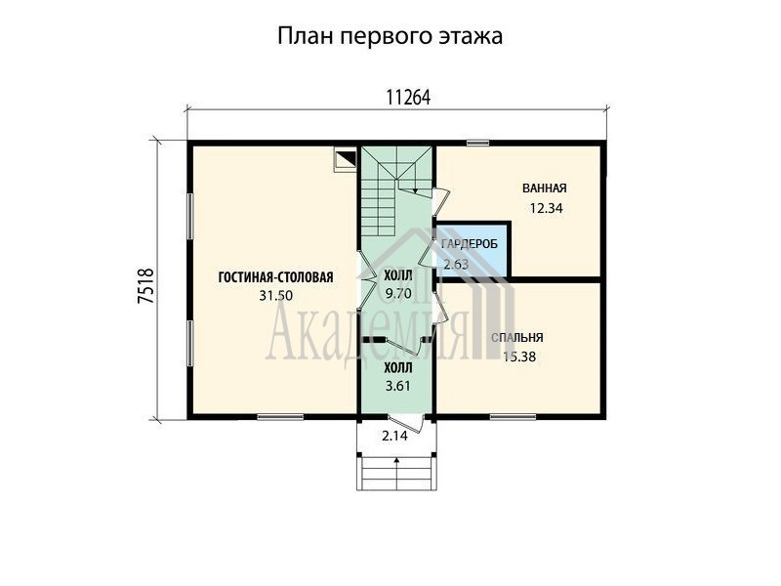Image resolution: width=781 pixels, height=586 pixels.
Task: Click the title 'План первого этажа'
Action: pyautogui.click(x=390, y=37)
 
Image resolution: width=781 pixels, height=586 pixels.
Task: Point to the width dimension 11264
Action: pyautogui.click(x=408, y=98)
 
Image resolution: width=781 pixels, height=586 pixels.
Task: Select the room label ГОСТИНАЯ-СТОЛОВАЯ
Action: pyautogui.click(x=275, y=277)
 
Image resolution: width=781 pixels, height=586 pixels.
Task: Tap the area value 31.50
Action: pyautogui.click(x=276, y=296)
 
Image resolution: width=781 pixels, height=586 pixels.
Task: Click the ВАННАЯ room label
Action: pyautogui.click(x=545, y=188)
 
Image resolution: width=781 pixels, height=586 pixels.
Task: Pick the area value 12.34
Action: pyautogui.click(x=546, y=208)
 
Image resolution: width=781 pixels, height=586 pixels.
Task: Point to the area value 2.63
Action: pyautogui.click(x=456, y=264)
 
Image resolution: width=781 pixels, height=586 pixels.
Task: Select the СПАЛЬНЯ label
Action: pyautogui.click(x=517, y=338)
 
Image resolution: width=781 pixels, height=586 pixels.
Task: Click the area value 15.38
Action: pyautogui.click(x=519, y=356)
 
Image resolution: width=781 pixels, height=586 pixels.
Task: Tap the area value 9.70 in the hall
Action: pyautogui.click(x=398, y=294)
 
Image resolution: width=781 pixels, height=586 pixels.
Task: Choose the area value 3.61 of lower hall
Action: pyautogui.click(x=397, y=386)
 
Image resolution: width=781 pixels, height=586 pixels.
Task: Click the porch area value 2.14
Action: pyautogui.click(x=394, y=436)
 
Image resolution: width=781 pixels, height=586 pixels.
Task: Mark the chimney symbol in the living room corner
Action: pyautogui.click(x=346, y=159)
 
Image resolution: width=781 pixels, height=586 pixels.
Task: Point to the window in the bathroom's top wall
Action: pyautogui.click(x=477, y=143)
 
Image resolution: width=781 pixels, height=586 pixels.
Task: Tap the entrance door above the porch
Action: pyautogui.click(x=406, y=422)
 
